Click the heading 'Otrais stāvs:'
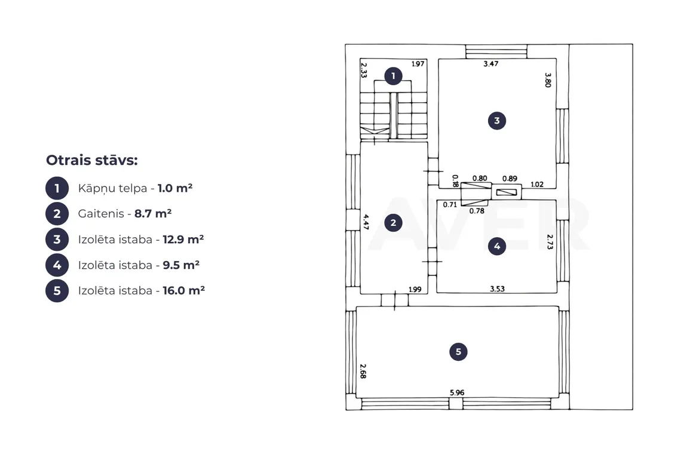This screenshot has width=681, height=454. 91,160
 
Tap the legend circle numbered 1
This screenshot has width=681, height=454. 57,188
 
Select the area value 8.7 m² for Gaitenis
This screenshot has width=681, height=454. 153,213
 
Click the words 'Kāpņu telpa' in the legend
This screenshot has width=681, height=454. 112,189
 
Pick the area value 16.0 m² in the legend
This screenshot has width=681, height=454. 183,290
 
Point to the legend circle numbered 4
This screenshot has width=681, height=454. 57,265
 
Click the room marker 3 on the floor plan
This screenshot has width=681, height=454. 497,121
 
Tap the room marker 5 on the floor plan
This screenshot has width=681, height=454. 458,351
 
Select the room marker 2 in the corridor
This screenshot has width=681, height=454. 393,223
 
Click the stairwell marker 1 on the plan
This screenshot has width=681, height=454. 393,76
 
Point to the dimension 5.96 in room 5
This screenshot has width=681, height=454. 457,392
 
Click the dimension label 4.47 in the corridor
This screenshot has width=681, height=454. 366,222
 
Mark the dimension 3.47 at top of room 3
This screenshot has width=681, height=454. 491,63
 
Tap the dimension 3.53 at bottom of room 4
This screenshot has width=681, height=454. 497,289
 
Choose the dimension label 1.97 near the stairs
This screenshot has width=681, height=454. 418,64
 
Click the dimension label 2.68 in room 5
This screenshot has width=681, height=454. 363,372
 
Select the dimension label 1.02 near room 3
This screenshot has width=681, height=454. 537,184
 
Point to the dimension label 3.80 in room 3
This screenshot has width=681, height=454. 548,80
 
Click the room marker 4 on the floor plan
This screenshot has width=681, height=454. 497,246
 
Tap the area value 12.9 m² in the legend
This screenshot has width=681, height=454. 183,239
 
